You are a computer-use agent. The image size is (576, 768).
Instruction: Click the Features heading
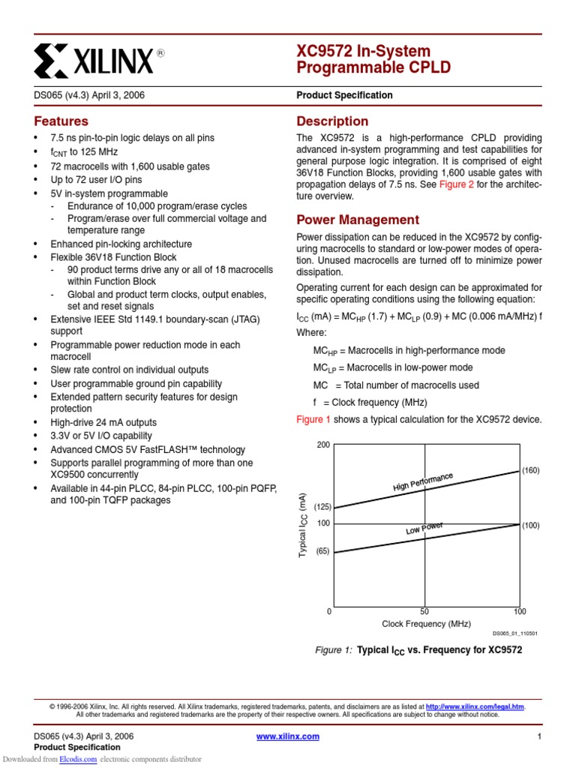[61, 121]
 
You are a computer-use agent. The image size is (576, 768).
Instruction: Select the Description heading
[332, 121]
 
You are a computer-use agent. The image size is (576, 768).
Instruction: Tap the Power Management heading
[358, 220]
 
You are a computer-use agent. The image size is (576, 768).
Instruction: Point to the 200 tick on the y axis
[323, 445]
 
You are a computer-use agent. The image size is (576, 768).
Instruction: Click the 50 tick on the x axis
[424, 612]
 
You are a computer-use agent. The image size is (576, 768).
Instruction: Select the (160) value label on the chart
[531, 470]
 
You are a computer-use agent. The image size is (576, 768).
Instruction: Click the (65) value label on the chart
[322, 551]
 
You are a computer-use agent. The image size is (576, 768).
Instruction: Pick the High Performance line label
[423, 483]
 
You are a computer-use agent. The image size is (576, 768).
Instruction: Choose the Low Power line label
[424, 529]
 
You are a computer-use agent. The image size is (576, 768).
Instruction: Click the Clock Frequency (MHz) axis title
[426, 624]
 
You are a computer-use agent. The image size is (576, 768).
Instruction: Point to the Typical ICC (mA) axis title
[303, 524]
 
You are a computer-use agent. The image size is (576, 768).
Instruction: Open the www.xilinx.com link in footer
[287, 736]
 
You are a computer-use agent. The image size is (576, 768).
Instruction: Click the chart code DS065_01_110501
[514, 634]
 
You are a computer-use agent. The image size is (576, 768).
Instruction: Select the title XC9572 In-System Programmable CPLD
[374, 60]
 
